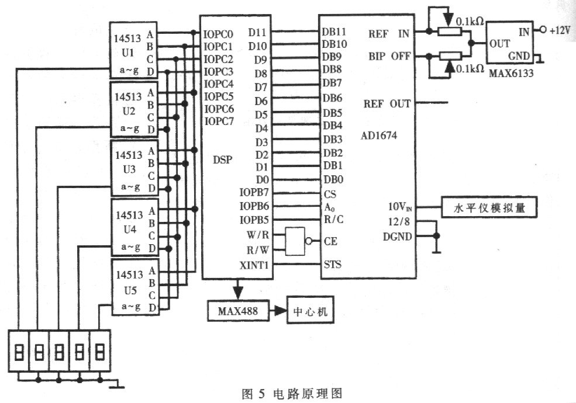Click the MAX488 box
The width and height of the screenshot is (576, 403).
(x=239, y=311)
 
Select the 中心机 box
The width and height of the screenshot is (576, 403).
(x=311, y=312)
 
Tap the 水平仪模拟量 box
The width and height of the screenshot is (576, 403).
(x=489, y=207)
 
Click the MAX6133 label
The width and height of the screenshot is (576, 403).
(x=511, y=72)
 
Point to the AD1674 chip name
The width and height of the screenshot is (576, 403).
(x=379, y=136)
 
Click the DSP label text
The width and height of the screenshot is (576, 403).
(x=223, y=159)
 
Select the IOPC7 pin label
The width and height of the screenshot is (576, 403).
(x=219, y=121)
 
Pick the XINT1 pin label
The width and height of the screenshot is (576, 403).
(x=254, y=265)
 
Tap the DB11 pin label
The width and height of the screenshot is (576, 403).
(x=334, y=32)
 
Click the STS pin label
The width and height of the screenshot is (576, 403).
(x=333, y=264)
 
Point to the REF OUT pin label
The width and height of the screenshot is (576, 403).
(x=387, y=104)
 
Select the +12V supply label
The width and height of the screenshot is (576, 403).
(x=560, y=30)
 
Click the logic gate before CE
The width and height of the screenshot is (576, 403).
(x=295, y=241)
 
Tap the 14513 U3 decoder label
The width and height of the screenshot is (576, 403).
(x=129, y=162)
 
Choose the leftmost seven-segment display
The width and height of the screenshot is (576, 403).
(x=19, y=351)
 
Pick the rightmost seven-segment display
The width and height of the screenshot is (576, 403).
(x=100, y=351)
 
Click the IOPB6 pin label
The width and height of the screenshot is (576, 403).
(x=254, y=206)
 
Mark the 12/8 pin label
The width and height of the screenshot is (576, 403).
(x=399, y=222)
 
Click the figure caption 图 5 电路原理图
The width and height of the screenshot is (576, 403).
(x=292, y=394)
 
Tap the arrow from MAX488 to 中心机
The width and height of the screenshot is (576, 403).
(x=278, y=311)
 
